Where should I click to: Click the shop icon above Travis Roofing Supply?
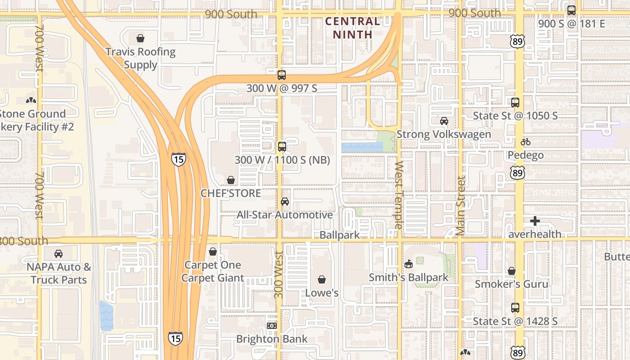(x=140, y=38)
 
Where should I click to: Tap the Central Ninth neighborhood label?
(x=353, y=27)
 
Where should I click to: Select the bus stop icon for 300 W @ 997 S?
(x=282, y=75)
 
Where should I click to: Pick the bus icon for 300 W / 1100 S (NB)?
(x=282, y=147)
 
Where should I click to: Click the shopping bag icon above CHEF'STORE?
(x=231, y=180)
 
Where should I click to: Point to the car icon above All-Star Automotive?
(x=285, y=202)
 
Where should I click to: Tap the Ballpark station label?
(x=340, y=235)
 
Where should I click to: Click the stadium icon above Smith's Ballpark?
(x=409, y=264)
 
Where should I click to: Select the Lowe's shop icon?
(x=322, y=280)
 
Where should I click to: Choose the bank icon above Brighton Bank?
(x=271, y=326)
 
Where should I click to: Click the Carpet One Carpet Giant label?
(x=213, y=271)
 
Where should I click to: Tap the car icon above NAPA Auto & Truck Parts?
(x=58, y=254)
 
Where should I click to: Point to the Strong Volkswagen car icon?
(x=444, y=121)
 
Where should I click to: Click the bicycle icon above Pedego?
(x=526, y=142)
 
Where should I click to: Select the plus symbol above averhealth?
(x=535, y=221)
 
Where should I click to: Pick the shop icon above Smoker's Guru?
(x=512, y=271)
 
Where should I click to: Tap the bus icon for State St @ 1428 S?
(x=515, y=308)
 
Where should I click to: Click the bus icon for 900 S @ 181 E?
(x=571, y=10)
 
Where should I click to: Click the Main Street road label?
(x=460, y=206)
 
